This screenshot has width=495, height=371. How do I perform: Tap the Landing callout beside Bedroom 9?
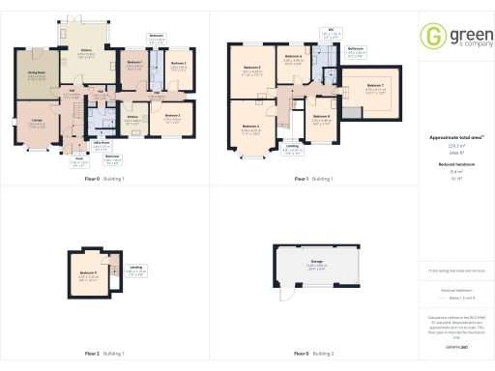[137, 270]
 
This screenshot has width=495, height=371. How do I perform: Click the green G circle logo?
[430, 37]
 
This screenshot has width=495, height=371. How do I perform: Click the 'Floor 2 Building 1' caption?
[106, 354]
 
